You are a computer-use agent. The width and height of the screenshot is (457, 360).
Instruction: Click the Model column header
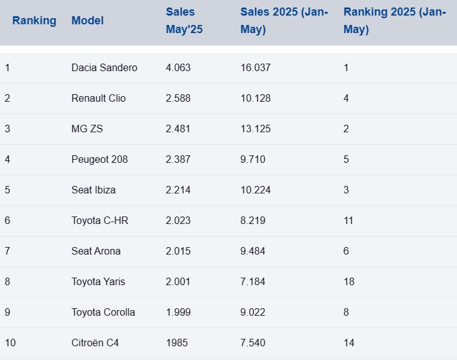pyautogui.click(x=87, y=21)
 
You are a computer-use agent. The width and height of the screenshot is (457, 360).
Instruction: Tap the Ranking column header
pyautogui.click(x=34, y=21)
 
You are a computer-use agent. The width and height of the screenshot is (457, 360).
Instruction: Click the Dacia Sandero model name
pyautogui.click(x=104, y=67)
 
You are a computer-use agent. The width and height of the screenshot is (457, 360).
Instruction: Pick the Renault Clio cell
pyautogui.click(x=99, y=98)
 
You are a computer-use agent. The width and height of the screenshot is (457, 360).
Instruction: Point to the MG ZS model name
pyautogui.click(x=87, y=129)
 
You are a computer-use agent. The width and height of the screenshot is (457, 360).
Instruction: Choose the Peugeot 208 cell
pyautogui.click(x=100, y=159)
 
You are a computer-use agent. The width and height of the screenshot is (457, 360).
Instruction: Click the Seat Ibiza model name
pyautogui.click(x=94, y=190)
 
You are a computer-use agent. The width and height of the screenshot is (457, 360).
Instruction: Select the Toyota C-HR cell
pyautogui.click(x=100, y=220)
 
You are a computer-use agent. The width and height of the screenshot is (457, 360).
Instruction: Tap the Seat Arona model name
pyautogui.click(x=96, y=251)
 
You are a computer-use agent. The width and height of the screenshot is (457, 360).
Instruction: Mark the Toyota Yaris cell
pyautogui.click(x=98, y=281)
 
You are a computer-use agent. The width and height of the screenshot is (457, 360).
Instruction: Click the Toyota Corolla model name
pyautogui.click(x=103, y=312)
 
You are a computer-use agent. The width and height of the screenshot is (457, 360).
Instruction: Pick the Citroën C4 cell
pyautogui.click(x=95, y=343)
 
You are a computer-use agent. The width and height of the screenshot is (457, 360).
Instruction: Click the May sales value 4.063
pyautogui.click(x=178, y=67)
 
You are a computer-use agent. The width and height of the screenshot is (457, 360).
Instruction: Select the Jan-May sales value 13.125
pyautogui.click(x=256, y=129)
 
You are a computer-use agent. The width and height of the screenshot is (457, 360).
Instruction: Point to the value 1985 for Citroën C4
pyautogui.click(x=176, y=343)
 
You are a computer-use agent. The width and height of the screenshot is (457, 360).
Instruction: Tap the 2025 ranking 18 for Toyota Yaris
pyautogui.click(x=349, y=281)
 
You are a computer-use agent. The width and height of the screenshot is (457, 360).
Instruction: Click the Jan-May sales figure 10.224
pyautogui.click(x=256, y=190)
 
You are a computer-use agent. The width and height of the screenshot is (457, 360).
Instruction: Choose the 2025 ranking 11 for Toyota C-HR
pyautogui.click(x=349, y=220)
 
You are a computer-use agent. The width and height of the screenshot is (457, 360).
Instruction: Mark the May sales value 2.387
pyautogui.click(x=178, y=159)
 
